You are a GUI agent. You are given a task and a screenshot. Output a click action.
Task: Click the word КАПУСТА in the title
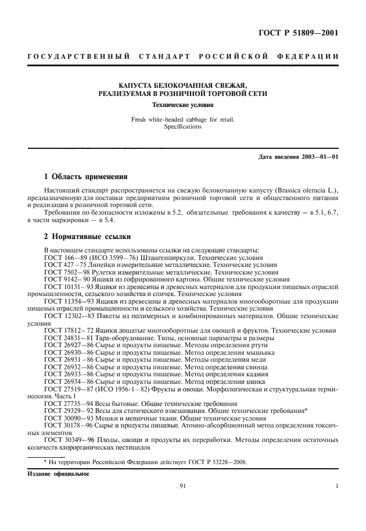click(x=137, y=85)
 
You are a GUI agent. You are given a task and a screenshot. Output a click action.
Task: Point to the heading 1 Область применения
click(x=86, y=176)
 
